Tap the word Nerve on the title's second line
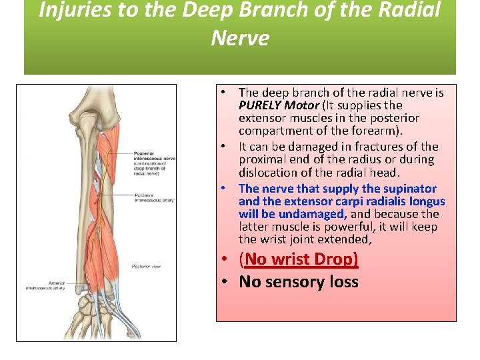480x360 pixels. coord(240,38)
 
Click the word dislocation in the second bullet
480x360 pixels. coord(269,173)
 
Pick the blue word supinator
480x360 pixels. coord(409,189)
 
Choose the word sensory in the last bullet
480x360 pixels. coord(293,281)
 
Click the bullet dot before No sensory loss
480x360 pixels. coord(227,282)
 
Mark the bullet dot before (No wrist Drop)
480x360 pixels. coord(227,259)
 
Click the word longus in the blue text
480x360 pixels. coord(429,201)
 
